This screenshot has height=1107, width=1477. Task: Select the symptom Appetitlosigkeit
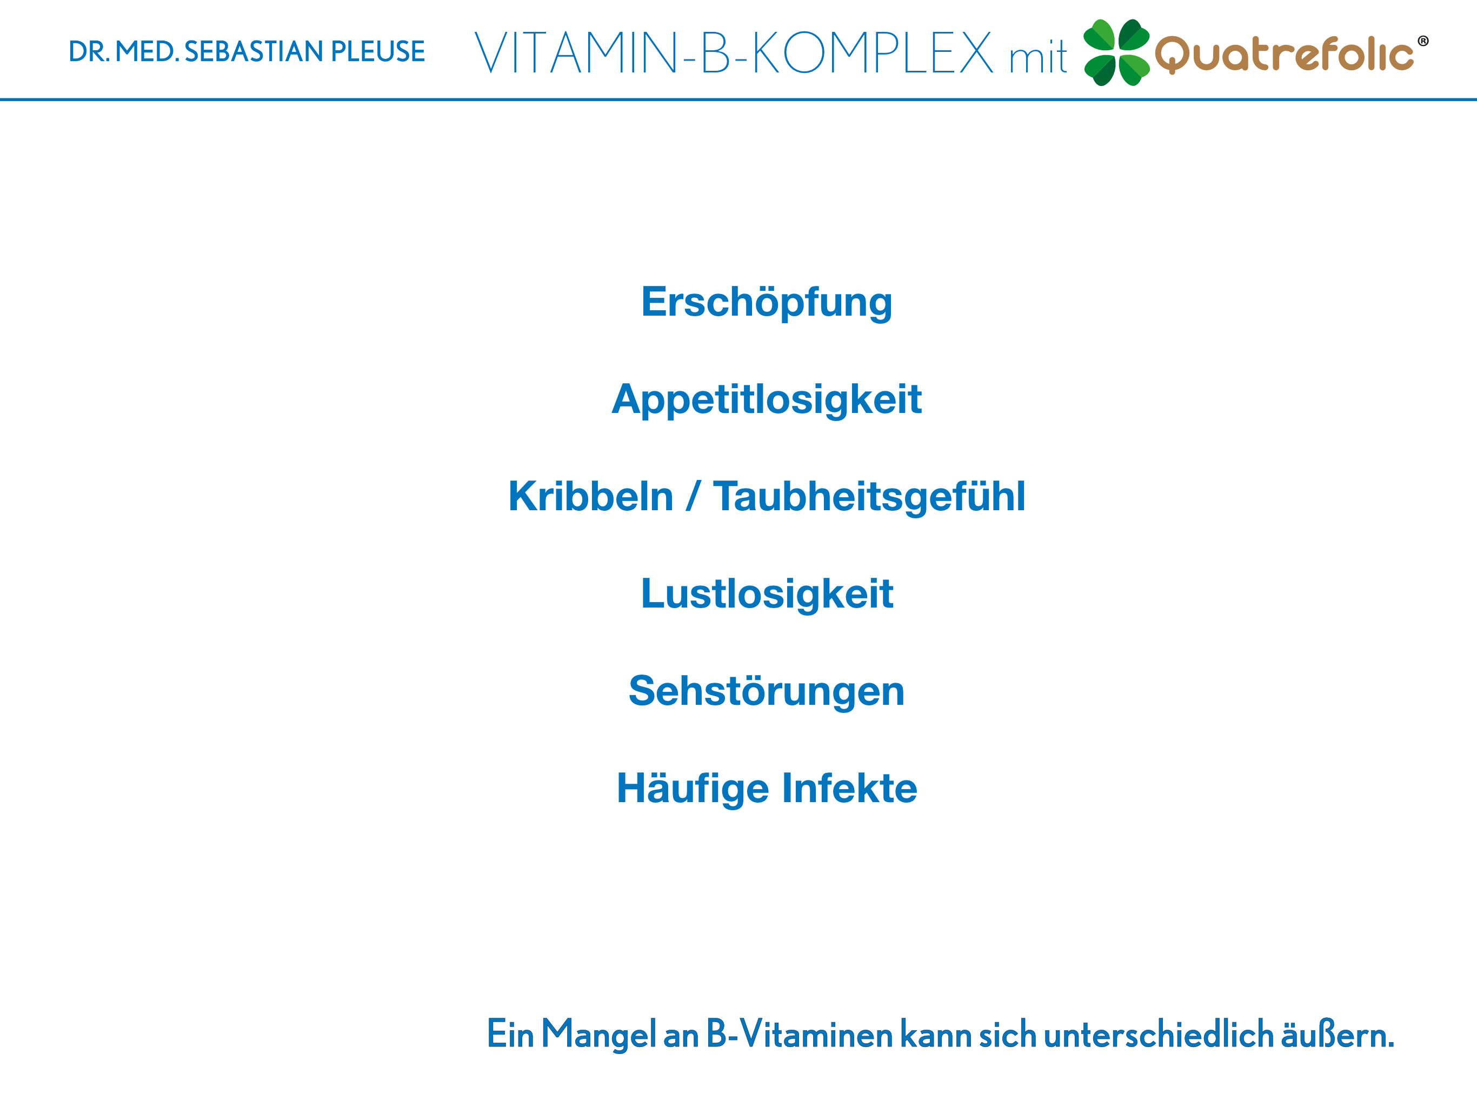(x=767, y=400)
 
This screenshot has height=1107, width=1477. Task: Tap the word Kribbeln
(x=591, y=496)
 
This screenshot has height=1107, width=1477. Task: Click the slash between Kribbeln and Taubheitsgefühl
(x=693, y=496)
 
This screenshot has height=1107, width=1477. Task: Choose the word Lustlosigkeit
(x=767, y=594)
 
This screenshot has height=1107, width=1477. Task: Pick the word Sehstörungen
(x=767, y=691)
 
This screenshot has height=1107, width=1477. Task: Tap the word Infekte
(x=849, y=789)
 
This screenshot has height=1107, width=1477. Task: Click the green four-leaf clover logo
(x=1116, y=53)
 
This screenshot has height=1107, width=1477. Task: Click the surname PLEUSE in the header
(x=378, y=52)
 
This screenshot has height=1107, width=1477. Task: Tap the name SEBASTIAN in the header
(x=253, y=52)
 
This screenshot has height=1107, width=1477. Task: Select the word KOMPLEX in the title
(x=872, y=53)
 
